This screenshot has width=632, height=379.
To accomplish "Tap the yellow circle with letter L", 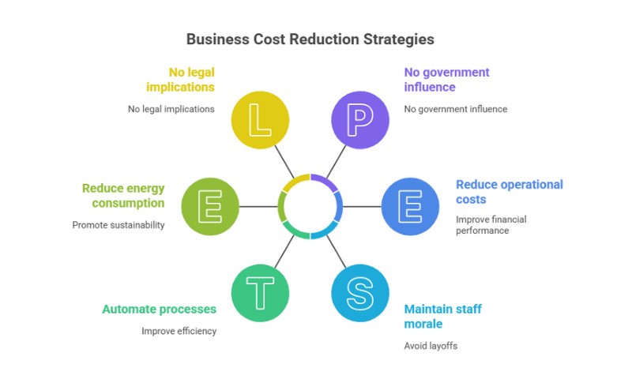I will [x=261, y=119].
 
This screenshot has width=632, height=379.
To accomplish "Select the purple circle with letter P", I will [x=360, y=119].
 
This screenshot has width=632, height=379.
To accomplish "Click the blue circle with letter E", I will [x=411, y=206].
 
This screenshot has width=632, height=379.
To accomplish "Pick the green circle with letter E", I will [x=211, y=206].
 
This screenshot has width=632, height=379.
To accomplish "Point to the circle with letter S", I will [x=360, y=293].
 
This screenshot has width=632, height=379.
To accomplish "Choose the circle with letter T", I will [x=261, y=293].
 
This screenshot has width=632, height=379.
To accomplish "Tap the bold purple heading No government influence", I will [x=446, y=80].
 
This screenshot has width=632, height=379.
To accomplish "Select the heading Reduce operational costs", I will [x=509, y=192].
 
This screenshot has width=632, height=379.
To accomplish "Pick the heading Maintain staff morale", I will [x=442, y=317].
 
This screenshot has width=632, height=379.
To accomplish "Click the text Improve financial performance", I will [x=491, y=225].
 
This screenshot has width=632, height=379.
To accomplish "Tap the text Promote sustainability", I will [x=118, y=225].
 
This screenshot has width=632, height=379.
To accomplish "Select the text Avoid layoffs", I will [x=431, y=346].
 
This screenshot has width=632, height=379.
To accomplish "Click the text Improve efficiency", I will [x=179, y=331].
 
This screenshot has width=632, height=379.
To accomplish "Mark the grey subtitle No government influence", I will [x=455, y=109].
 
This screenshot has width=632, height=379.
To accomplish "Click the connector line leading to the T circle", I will [x=285, y=250].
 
